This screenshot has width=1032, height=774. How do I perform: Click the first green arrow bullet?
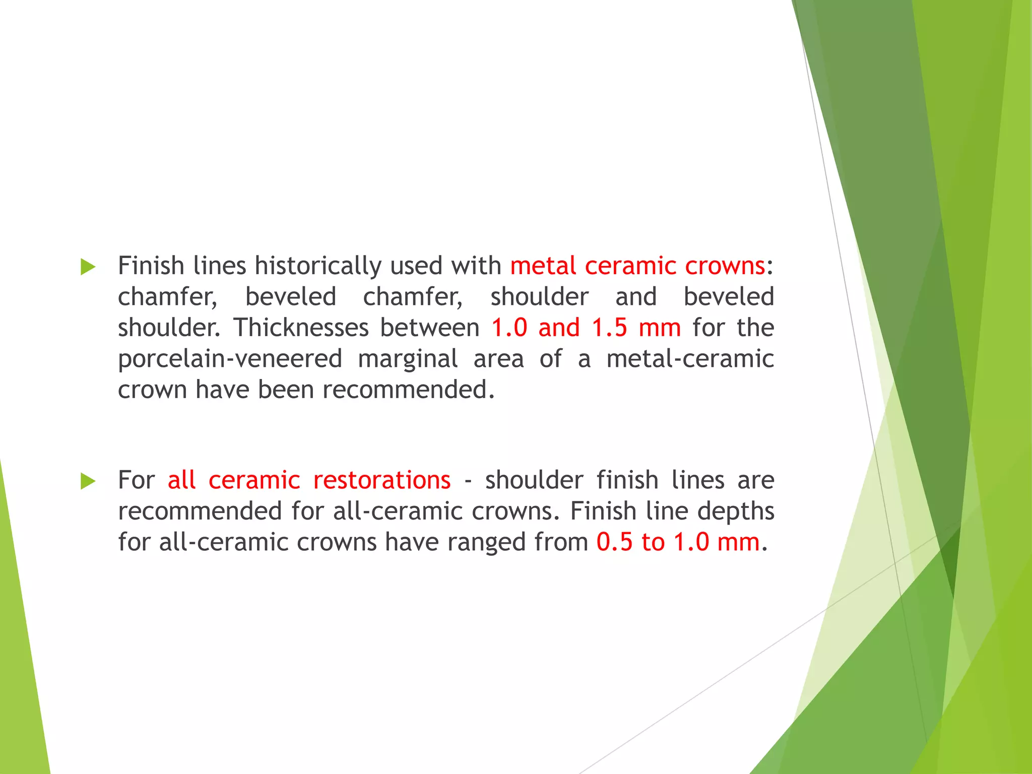[x=88, y=267]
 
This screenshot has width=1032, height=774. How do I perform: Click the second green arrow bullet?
[x=88, y=481]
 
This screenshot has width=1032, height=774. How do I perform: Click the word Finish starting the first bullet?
[x=151, y=266]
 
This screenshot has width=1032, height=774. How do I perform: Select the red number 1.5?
[x=609, y=328]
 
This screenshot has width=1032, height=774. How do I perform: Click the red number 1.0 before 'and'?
[x=509, y=328]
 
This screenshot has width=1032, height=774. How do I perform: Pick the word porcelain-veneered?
[x=230, y=359]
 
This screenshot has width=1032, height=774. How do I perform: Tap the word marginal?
[x=408, y=359]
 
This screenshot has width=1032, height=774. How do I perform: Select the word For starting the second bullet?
[x=136, y=480]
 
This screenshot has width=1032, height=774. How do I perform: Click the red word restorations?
[x=382, y=480]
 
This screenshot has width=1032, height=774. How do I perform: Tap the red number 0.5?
[x=614, y=543]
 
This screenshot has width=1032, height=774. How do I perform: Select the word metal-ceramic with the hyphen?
[x=690, y=359]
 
